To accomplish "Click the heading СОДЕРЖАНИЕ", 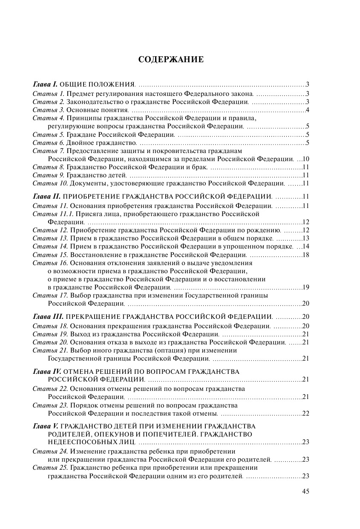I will (x=171, y=59).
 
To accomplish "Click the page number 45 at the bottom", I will (x=305, y=491).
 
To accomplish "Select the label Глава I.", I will (x=45, y=84).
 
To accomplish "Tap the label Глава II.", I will (x=46, y=197).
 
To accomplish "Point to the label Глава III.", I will (x=48, y=316).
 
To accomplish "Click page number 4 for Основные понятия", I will (x=307, y=110).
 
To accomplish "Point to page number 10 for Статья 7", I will (x=305, y=159).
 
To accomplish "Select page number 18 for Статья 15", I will (x=305, y=254).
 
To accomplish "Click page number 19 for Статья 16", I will (x=305, y=287).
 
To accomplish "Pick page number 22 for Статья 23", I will (x=305, y=413).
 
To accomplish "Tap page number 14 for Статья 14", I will (x=305, y=246).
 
